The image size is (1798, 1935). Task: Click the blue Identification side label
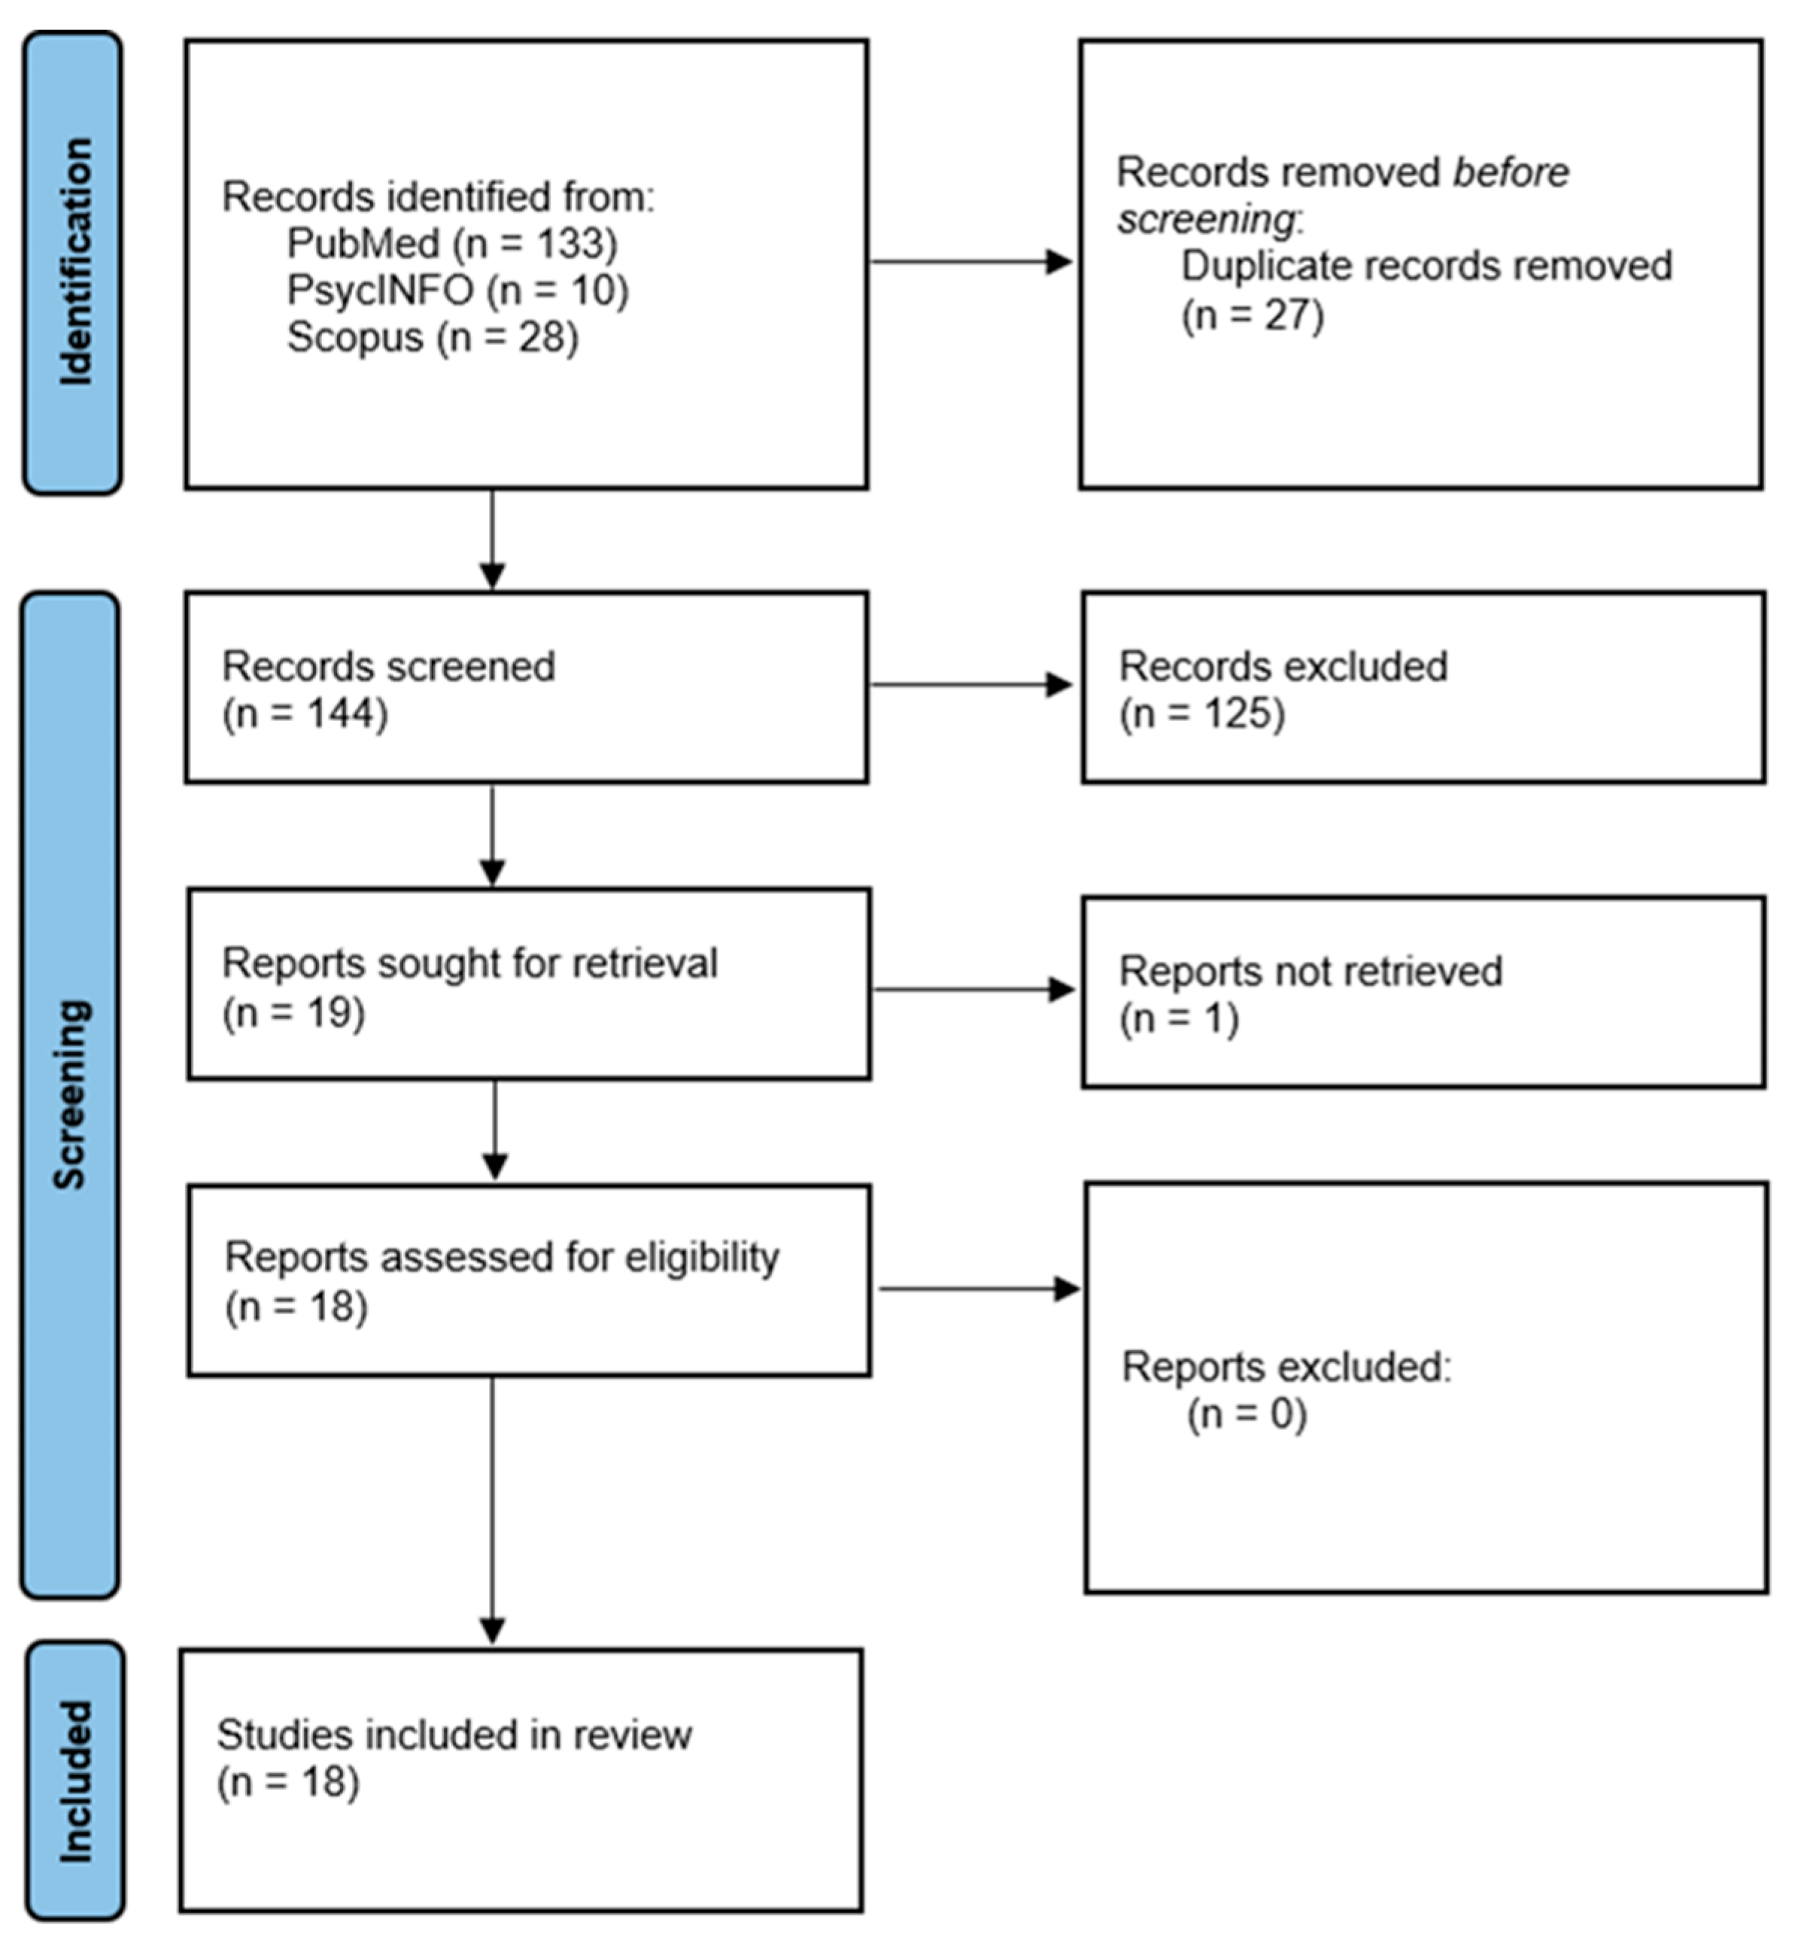(73, 263)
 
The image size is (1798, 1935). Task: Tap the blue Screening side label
(70, 1095)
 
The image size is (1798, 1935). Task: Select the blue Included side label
(75, 1781)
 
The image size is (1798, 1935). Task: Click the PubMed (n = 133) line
(451, 243)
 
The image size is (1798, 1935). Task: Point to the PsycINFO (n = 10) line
(457, 290)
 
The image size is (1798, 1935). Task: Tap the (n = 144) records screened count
(305, 713)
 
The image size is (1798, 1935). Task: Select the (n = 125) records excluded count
(1201, 713)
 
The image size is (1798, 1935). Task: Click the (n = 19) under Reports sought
(294, 1012)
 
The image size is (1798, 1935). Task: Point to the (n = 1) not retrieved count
(1178, 1019)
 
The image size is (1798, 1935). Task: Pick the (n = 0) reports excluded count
(1247, 1413)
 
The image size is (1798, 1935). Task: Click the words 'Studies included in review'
(454, 1735)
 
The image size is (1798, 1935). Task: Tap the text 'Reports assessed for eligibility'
(501, 1257)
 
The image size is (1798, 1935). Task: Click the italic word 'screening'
(1205, 220)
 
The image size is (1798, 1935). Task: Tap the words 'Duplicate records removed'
(1426, 266)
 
